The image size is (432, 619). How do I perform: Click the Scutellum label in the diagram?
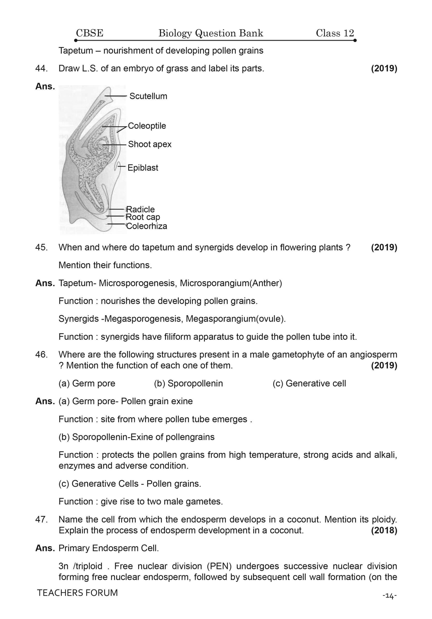(x=148, y=96)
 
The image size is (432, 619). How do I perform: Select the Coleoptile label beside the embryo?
(x=147, y=126)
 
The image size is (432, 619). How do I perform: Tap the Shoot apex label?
(x=150, y=144)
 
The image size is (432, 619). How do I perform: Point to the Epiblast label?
(x=143, y=168)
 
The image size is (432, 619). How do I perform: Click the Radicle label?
(x=140, y=209)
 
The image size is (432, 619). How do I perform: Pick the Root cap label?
(x=143, y=217)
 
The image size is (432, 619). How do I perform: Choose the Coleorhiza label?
(x=146, y=226)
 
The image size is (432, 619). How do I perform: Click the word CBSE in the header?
(x=89, y=33)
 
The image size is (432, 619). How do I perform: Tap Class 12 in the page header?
(x=335, y=33)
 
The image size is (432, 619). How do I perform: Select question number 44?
(x=42, y=68)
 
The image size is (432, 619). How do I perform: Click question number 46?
(x=42, y=354)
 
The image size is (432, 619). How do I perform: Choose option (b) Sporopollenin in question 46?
(x=188, y=383)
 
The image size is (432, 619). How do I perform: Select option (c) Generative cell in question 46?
(x=309, y=383)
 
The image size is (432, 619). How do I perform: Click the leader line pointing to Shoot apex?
(x=114, y=145)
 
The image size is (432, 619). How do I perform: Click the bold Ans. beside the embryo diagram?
(x=45, y=87)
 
